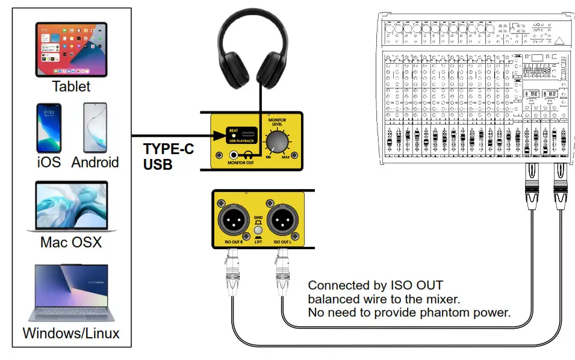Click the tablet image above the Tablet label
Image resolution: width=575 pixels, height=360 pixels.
(71, 49)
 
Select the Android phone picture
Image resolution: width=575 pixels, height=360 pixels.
(95, 127)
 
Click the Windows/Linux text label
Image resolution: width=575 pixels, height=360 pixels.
(71, 333)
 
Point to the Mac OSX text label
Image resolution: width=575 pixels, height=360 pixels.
(71, 243)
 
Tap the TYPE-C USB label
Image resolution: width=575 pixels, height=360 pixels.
(168, 156)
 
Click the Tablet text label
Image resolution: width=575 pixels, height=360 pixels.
(71, 86)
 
